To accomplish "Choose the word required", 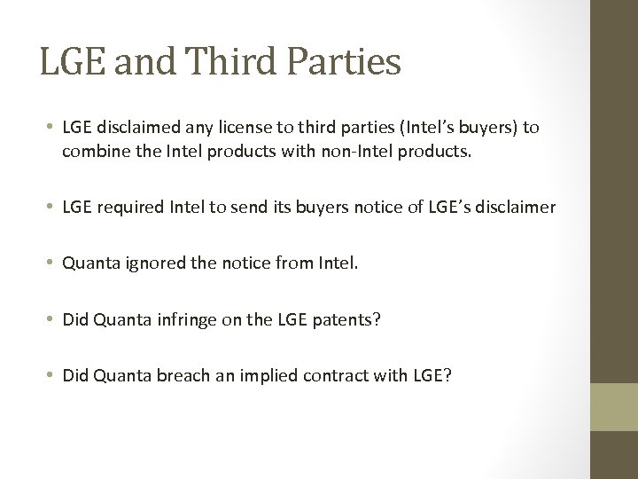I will pos(128,208).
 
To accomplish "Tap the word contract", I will pos(336,374).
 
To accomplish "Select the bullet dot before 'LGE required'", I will pos(52,208).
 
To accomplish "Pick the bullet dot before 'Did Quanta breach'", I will pos(52,374).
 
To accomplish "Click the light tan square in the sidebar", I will pos(614,407).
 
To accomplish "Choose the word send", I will pos(249,208).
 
